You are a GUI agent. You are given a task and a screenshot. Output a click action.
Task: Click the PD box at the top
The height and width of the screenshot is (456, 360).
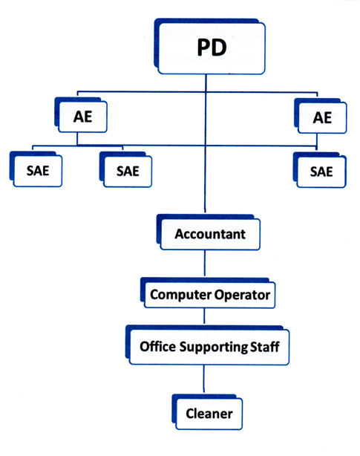(x=209, y=47)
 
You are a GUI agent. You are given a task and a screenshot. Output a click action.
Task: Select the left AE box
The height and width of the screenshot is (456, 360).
(x=81, y=115)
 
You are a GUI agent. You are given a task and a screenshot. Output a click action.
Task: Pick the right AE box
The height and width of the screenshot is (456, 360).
(x=320, y=116)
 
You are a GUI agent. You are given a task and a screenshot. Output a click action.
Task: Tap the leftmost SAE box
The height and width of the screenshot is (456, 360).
(x=36, y=169)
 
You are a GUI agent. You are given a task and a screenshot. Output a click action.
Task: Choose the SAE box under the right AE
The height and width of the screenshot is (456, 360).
(x=320, y=170)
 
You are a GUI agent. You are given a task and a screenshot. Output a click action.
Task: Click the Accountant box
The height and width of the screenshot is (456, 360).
(x=208, y=232)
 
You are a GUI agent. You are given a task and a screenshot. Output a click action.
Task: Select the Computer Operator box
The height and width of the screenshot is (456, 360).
(x=208, y=293)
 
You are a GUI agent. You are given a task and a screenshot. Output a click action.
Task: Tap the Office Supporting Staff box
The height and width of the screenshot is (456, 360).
(x=207, y=345)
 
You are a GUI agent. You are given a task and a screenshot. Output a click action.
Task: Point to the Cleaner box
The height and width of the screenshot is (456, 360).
(x=207, y=412)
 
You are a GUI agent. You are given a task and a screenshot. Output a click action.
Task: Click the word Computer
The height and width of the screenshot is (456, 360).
(x=180, y=295)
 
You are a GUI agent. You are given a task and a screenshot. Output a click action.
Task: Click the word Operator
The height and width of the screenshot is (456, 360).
(x=242, y=296)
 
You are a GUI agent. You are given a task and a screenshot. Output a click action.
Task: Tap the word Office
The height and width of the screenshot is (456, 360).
(x=158, y=346)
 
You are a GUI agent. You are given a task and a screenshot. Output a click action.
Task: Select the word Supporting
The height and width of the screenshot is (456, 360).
(x=214, y=348)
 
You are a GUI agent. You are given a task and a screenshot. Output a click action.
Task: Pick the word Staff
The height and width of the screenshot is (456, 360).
(x=265, y=347)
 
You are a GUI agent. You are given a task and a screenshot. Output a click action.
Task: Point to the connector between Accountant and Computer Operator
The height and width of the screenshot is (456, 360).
(x=205, y=263)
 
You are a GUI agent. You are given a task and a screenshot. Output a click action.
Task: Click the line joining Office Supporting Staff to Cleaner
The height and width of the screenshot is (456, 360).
(x=203, y=379)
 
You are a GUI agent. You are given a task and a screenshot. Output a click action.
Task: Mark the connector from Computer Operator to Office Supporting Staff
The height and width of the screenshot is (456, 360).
(x=204, y=316)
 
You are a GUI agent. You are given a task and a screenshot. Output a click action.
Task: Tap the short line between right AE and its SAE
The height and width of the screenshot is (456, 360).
(x=317, y=143)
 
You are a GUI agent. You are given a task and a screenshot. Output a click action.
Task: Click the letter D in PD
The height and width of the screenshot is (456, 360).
(x=220, y=48)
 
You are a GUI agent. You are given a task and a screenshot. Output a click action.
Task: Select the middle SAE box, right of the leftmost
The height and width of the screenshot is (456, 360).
(x=125, y=169)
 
